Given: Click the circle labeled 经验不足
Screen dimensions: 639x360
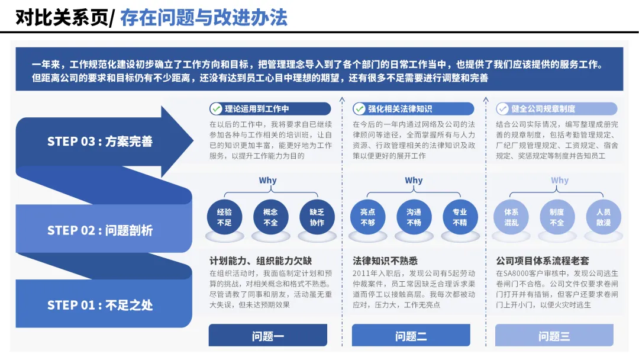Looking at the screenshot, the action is click(224, 217).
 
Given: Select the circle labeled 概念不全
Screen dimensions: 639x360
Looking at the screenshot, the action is click(270, 217).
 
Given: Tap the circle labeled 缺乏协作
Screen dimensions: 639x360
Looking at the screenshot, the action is click(317, 217).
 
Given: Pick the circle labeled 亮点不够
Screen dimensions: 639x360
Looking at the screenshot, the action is click(367, 217).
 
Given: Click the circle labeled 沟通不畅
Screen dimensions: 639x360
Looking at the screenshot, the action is click(414, 217).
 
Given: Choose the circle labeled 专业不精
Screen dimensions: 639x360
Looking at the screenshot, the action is click(460, 217).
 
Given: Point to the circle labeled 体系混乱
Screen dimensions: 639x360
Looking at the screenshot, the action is click(511, 217).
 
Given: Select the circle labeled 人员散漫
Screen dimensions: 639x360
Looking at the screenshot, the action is click(603, 217).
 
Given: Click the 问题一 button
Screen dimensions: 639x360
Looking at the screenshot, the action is click(267, 336).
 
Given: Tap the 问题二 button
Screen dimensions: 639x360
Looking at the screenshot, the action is click(411, 336).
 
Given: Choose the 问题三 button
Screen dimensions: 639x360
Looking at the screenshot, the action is click(554, 336).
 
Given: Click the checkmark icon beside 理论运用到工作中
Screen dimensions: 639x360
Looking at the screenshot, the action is click(216, 109).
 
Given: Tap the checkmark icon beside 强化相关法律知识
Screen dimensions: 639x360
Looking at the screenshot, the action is click(359, 109).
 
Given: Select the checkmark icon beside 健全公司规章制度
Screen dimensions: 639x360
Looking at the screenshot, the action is click(502, 109).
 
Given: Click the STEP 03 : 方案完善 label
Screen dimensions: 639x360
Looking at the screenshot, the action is click(100, 142).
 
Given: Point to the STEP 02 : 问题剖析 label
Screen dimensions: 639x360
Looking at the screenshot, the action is click(100, 230).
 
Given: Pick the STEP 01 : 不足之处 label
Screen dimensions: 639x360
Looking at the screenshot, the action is click(100, 306).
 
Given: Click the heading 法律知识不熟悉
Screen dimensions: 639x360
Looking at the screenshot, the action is click(385, 261).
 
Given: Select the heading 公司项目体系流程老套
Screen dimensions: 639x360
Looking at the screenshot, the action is click(543, 261).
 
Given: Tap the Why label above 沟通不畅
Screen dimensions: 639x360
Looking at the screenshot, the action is click(414, 181).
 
